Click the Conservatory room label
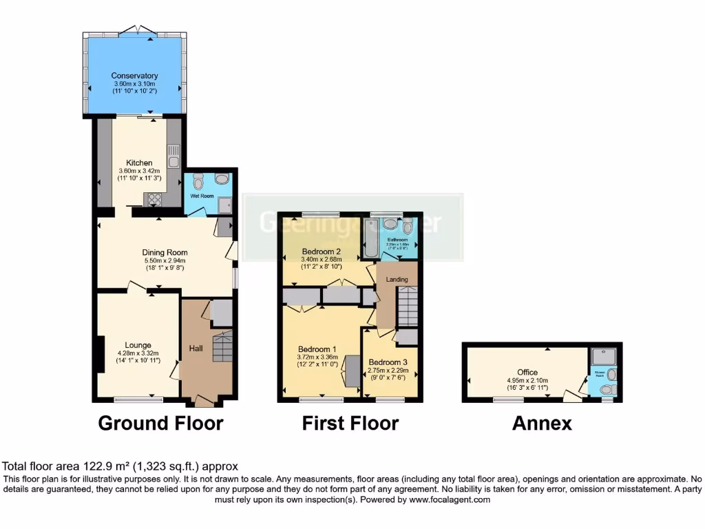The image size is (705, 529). (135, 76)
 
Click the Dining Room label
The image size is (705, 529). (165, 252)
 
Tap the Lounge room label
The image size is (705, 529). (138, 345)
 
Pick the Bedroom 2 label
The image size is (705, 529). (322, 251)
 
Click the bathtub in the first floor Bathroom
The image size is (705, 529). (369, 238)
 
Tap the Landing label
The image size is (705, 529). (397, 279)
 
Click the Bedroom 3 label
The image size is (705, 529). (388, 362)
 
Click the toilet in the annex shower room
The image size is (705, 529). (607, 390)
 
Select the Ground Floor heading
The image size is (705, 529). (160, 423)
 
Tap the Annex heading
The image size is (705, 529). (542, 423)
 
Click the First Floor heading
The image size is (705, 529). (350, 423)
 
